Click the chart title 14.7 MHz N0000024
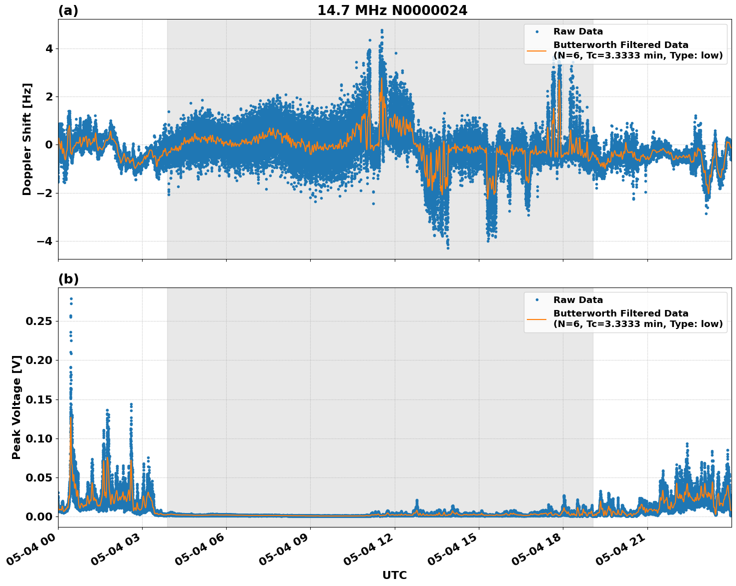pyautogui.click(x=392, y=10)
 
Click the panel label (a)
pyautogui.click(x=68, y=10)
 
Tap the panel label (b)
pyautogui.click(x=68, y=279)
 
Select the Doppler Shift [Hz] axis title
pyautogui.click(x=27, y=139)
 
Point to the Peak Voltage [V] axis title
pyautogui.click(x=17, y=407)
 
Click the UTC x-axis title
pyautogui.click(x=394, y=575)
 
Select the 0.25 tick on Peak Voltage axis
pyautogui.click(x=39, y=321)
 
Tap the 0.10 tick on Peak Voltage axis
pyautogui.click(x=39, y=438)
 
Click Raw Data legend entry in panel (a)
pyautogui.click(x=578, y=32)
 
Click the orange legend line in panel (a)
pyautogui.click(x=536, y=50)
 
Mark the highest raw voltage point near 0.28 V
pyautogui.click(x=71, y=299)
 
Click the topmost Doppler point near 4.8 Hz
pyautogui.click(x=382, y=30)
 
